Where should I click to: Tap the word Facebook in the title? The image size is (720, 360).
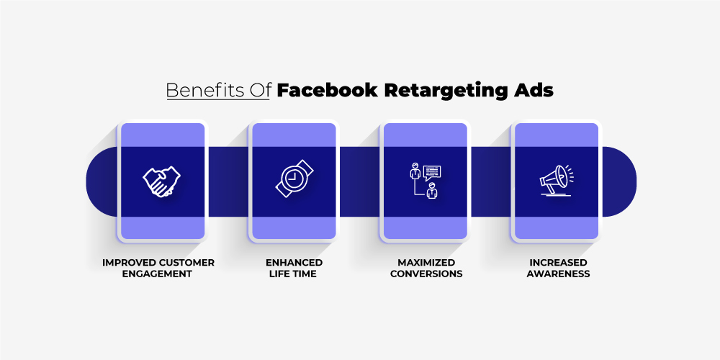[x=327, y=91]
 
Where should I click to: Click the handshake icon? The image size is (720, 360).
[x=161, y=181]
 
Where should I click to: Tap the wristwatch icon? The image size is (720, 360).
[x=294, y=179]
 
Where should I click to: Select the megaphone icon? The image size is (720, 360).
[x=557, y=180]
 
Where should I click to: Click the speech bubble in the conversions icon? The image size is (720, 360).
[x=432, y=173]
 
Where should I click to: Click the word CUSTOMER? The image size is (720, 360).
[x=187, y=263]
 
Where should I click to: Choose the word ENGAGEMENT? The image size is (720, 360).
[x=157, y=274]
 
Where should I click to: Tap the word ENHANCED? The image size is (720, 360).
[x=294, y=263]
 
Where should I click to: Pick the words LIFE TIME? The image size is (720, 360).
[x=293, y=274]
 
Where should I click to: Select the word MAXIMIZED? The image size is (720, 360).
[x=426, y=263]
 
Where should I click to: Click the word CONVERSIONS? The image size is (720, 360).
[x=426, y=274]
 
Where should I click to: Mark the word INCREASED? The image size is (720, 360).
[x=558, y=263]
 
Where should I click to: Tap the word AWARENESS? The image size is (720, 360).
[x=558, y=274]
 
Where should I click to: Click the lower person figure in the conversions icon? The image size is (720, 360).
[x=431, y=191]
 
